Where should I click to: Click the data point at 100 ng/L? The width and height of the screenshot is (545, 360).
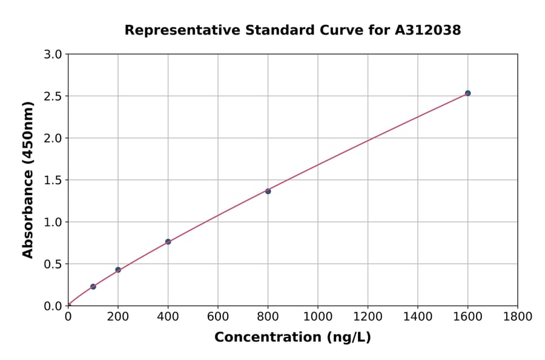[93, 287]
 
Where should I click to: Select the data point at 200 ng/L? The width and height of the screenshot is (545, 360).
[118, 270]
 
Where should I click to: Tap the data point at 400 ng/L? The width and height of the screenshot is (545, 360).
[168, 242]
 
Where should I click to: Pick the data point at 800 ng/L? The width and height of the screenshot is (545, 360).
[268, 191]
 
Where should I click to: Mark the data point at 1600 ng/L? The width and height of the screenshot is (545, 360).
[467, 93]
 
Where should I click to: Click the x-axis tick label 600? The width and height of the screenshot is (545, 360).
[218, 316]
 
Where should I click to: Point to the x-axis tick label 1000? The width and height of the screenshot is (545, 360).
[317, 316]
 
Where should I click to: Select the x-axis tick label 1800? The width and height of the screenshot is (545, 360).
[517, 316]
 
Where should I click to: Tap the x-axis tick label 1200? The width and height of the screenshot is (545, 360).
[368, 316]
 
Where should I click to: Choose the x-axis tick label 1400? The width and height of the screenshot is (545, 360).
[417, 316]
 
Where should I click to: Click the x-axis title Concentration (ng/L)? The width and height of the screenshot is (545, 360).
[292, 338]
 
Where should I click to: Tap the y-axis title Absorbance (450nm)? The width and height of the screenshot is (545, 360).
[28, 179]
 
